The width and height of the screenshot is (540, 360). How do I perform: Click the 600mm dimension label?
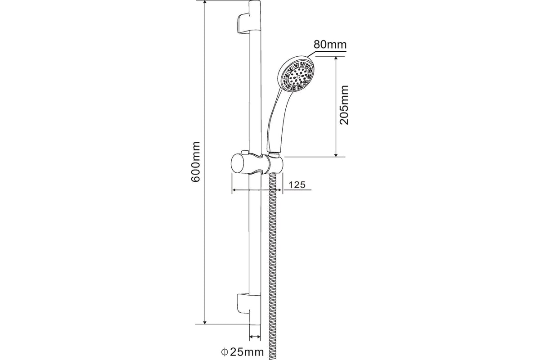tap(195, 162)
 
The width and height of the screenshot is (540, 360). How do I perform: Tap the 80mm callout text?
tap(330, 45)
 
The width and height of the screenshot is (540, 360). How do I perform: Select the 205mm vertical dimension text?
tap(344, 105)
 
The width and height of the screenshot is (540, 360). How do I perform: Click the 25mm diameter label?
tap(247, 352)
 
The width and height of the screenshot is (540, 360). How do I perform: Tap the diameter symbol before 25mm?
tap(225, 352)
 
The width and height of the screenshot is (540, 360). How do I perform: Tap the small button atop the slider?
tap(245, 152)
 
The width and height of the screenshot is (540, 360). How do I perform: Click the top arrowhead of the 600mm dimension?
tap(205, 2)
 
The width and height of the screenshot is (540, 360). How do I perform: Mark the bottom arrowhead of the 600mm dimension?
tap(205, 321)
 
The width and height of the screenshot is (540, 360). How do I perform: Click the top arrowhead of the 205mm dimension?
tap(336, 59)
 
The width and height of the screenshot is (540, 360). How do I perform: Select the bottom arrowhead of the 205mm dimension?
tap(336, 154)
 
